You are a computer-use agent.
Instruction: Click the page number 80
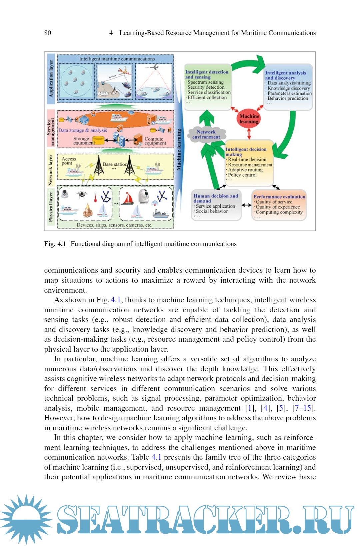(x=48, y=33)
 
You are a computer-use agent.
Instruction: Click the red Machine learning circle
(x=249, y=119)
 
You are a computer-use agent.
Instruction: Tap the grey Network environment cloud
(x=206, y=134)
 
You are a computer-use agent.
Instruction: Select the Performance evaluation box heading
(x=279, y=197)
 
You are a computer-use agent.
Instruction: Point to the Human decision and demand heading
(x=216, y=198)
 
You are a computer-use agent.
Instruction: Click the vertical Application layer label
(x=51, y=78)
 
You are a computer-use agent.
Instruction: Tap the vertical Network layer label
(x=51, y=170)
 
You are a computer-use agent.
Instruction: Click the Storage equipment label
(x=82, y=141)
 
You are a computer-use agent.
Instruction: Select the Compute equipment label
(x=155, y=141)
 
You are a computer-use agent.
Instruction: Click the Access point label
(x=69, y=161)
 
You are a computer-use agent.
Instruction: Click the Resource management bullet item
(x=250, y=165)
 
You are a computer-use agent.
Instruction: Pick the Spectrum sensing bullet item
(x=205, y=82)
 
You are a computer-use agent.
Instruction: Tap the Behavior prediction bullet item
(x=288, y=98)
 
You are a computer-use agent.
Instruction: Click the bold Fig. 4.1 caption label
(x=55, y=244)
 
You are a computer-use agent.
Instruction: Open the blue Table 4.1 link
(x=156, y=457)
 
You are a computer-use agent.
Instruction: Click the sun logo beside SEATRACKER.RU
(x=26, y=519)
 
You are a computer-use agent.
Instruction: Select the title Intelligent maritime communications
(x=117, y=59)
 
